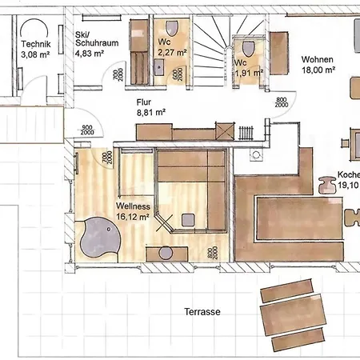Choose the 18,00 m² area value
click(x=317, y=70)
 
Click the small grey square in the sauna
click(x=190, y=218)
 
